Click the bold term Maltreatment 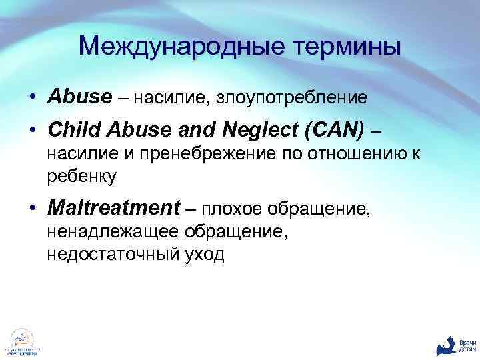coord(113,209)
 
